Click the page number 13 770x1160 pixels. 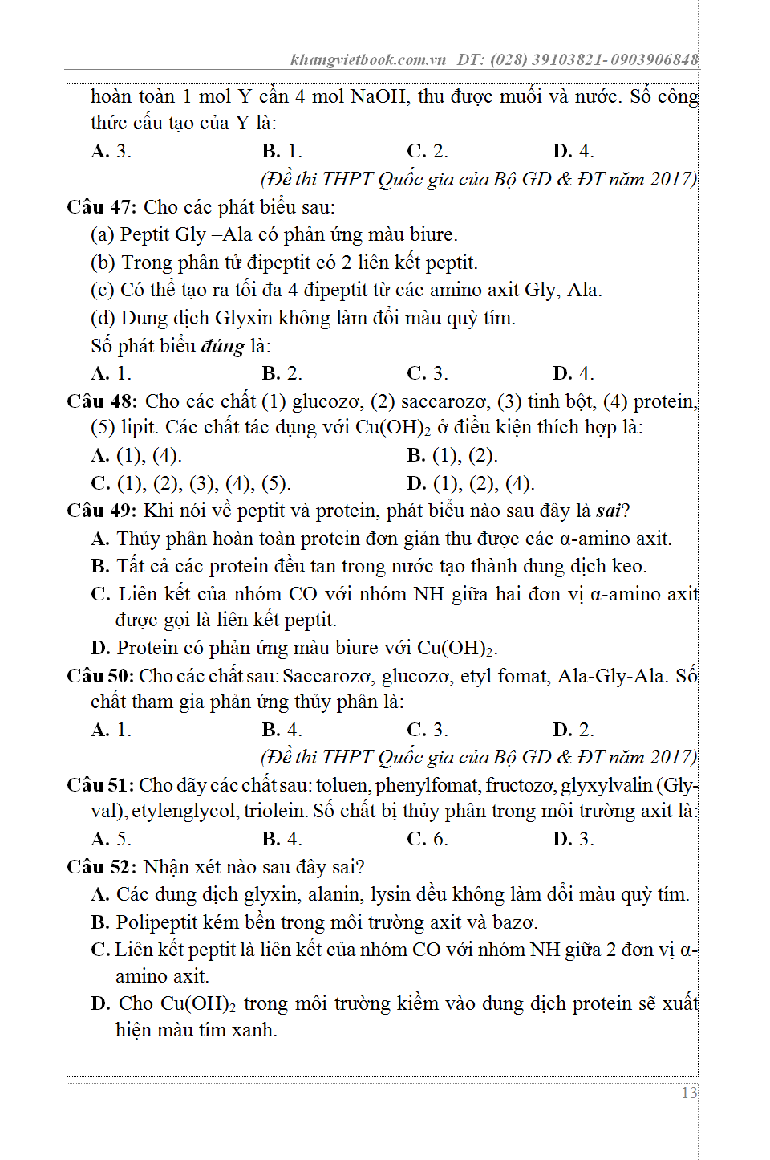tap(689, 1093)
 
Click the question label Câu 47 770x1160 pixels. tap(101, 207)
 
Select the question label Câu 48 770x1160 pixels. tap(102, 401)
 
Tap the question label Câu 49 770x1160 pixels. tap(101, 511)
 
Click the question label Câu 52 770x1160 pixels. tap(101, 867)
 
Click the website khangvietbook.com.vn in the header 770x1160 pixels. tap(368, 59)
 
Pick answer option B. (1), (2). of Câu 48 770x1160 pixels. tap(452, 456)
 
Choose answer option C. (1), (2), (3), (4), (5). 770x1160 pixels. tap(191, 483)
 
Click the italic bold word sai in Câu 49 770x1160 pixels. tap(609, 511)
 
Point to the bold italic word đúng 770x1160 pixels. tap(222, 346)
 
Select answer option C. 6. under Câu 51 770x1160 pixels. tap(427, 839)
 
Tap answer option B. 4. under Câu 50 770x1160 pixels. tap(282, 730)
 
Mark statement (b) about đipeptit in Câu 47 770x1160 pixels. tap(284, 263)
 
